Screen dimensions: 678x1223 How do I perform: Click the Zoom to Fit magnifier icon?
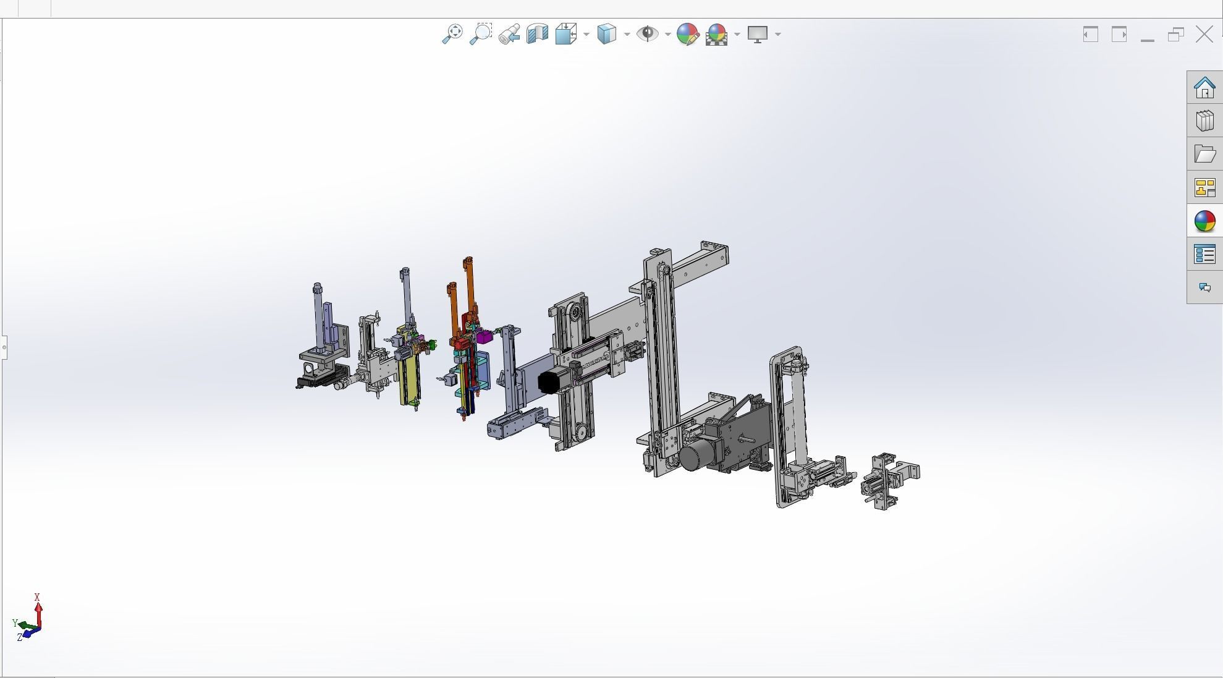click(452, 33)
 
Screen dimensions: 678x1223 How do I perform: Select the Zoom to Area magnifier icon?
click(481, 33)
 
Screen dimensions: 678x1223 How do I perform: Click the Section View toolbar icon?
click(538, 33)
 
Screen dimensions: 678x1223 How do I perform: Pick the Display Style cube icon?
click(607, 33)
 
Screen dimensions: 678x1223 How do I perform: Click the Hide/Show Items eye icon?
click(647, 33)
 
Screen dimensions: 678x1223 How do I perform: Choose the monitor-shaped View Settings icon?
click(757, 33)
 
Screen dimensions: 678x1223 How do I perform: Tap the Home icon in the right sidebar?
click(1204, 88)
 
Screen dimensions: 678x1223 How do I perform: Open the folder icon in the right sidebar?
click(1204, 154)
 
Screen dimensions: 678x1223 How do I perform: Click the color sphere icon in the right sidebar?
click(1204, 221)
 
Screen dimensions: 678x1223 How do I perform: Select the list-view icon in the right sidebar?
click(1204, 254)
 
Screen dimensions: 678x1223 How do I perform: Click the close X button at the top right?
click(1204, 34)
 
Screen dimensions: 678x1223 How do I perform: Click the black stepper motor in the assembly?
click(548, 382)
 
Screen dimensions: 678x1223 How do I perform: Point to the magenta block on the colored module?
click(484, 337)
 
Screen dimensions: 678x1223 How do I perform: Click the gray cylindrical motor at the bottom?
click(696, 457)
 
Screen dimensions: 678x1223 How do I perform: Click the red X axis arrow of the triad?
click(38, 609)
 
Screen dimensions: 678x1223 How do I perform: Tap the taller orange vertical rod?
click(469, 284)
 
